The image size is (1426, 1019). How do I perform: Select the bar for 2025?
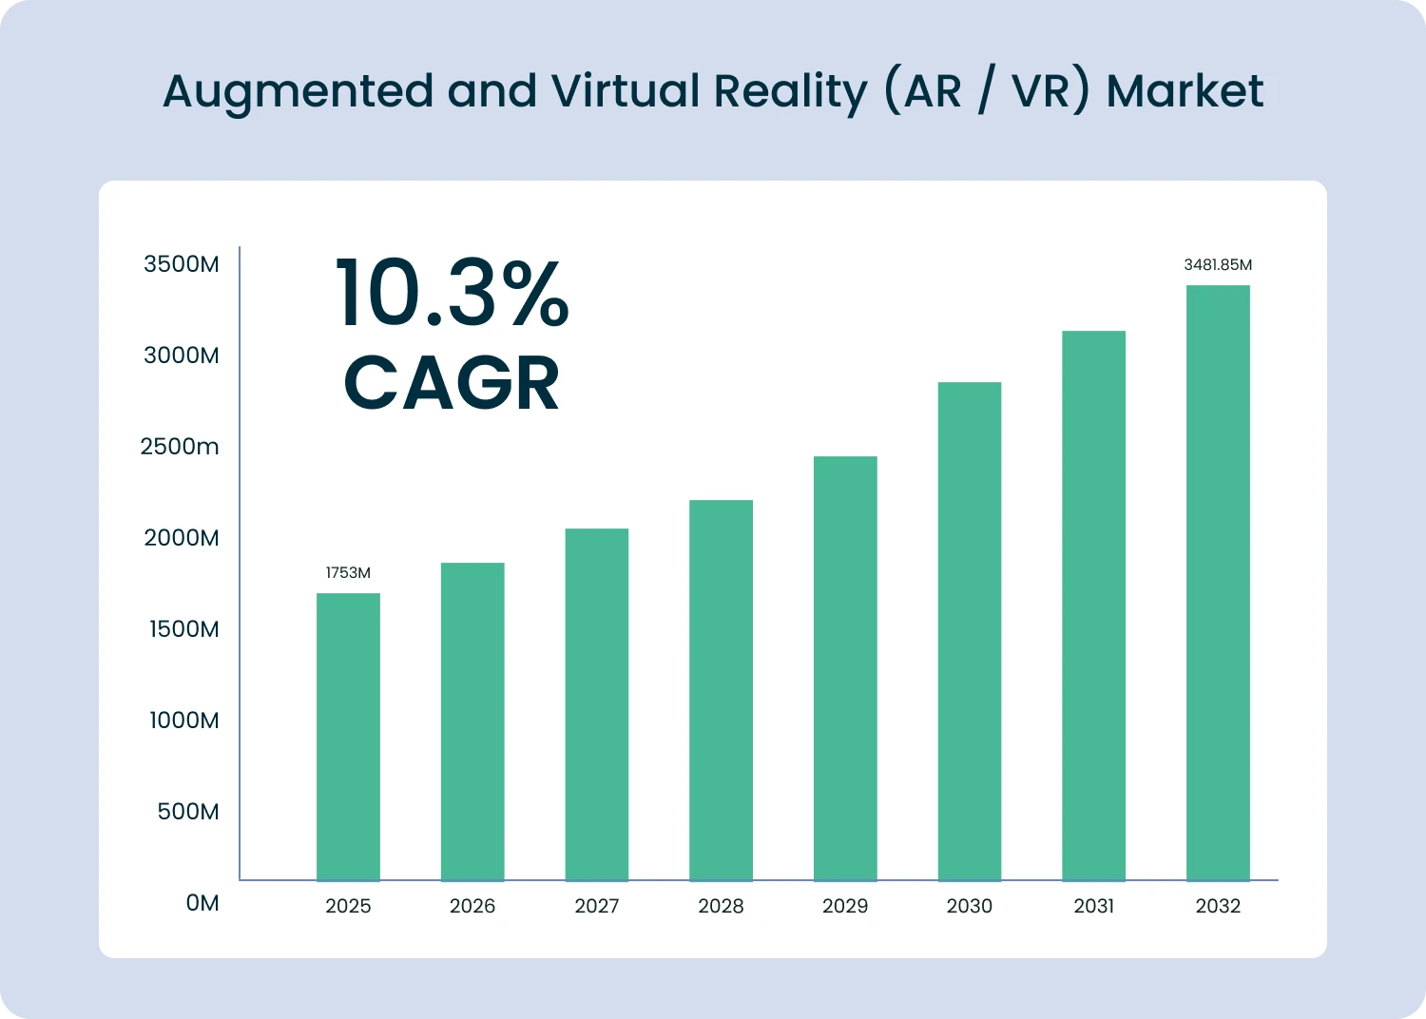click(348, 737)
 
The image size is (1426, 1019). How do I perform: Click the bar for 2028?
click(721, 690)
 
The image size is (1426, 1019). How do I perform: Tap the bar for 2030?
click(969, 631)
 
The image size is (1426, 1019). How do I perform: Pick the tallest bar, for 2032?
click(1218, 583)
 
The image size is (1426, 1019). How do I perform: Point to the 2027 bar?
click(596, 704)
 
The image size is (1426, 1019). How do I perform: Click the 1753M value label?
click(348, 573)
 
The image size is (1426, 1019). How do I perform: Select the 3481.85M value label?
click(1218, 265)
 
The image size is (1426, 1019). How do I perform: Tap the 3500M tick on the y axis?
click(181, 264)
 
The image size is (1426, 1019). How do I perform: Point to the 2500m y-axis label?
click(179, 447)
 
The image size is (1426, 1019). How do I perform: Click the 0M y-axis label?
click(202, 903)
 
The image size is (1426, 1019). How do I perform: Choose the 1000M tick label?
click(183, 721)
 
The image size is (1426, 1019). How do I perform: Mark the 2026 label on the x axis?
click(472, 906)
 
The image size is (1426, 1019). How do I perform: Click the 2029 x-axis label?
click(845, 906)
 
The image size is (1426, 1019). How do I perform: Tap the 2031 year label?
click(1093, 906)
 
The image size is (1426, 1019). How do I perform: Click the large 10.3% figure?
click(452, 295)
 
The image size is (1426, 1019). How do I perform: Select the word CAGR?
click(452, 384)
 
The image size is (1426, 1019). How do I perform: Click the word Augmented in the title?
click(298, 92)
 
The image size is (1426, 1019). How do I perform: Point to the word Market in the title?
click(1185, 92)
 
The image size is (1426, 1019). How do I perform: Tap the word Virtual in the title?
click(626, 92)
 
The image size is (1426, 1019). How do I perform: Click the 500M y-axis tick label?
click(187, 812)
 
